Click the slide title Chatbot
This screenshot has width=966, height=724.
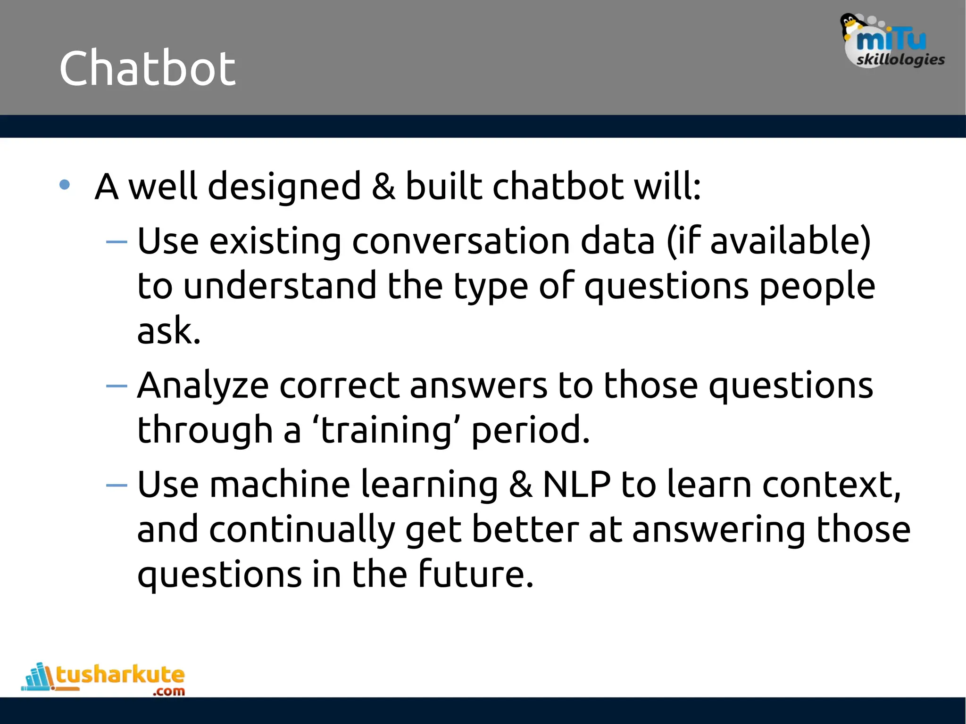click(147, 69)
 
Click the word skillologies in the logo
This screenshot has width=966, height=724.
click(900, 60)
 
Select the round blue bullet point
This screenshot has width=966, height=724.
click(65, 185)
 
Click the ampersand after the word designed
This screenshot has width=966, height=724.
click(383, 186)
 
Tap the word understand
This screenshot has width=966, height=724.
click(279, 286)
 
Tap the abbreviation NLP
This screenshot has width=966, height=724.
click(576, 485)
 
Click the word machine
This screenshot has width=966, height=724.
click(280, 485)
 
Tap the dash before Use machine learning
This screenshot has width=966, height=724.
click(117, 485)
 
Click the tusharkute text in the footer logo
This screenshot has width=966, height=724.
click(120, 675)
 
